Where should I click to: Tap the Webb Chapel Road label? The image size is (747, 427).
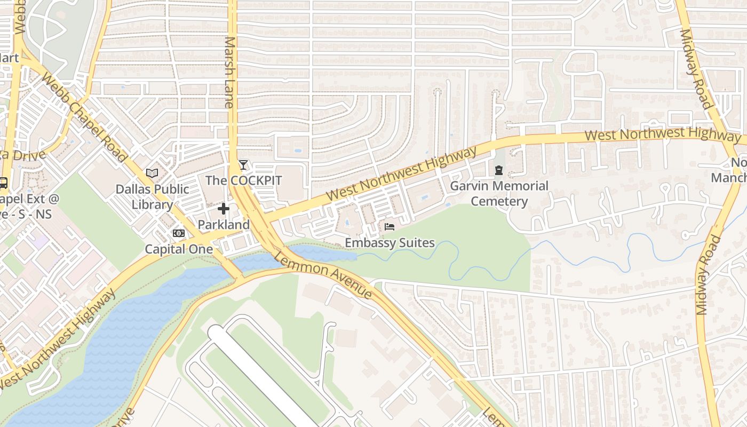84,118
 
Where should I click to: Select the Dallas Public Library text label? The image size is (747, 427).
153,196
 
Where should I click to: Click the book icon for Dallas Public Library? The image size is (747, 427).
152,173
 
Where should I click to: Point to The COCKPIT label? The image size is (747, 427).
243,180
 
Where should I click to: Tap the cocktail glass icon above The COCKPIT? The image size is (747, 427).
243,164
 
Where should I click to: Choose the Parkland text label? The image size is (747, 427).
224,225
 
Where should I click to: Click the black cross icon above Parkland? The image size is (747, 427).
224,209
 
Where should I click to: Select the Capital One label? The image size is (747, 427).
179,249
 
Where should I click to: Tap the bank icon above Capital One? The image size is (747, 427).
179,233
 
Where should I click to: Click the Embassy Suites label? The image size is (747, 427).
390,243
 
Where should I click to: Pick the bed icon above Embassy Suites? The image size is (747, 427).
390,227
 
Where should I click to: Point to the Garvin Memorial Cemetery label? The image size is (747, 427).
499,193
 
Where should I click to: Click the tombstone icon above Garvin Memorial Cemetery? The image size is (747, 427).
498,171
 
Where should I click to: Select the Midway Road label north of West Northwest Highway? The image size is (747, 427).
696,68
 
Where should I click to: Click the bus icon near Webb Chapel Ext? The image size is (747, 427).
3,183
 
